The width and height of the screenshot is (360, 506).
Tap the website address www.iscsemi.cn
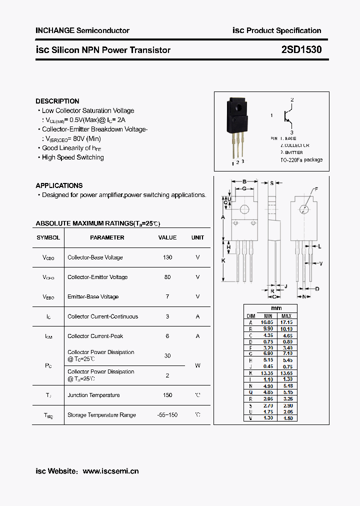pyautogui.click(x=110, y=471)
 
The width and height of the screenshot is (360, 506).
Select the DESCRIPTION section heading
pyautogui.click(x=57, y=101)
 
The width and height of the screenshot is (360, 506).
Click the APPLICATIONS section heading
pyautogui.click(x=59, y=185)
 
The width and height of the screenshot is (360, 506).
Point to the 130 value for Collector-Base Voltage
pyautogui.click(x=167, y=257)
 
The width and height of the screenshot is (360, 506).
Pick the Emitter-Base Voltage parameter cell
pyautogui.click(x=93, y=296)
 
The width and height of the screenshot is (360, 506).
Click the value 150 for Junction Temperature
pyautogui.click(x=167, y=395)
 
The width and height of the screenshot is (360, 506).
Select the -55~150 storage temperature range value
pyautogui.click(x=167, y=415)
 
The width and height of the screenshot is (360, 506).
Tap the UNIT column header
pyautogui.click(x=197, y=237)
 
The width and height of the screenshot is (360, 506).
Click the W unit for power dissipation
pyautogui.click(x=197, y=365)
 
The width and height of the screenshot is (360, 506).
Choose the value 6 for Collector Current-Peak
pyautogui.click(x=167, y=336)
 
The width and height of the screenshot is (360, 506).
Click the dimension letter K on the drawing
pyautogui.click(x=223, y=260)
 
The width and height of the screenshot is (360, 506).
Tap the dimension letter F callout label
pyautogui.click(x=316, y=189)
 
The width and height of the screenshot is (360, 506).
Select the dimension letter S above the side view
pyautogui.click(x=272, y=183)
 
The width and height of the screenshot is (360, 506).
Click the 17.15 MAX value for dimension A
pyautogui.click(x=286, y=322)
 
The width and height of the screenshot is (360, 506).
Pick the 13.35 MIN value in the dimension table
pyautogui.click(x=268, y=373)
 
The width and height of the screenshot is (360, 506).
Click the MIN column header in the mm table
pyautogui.click(x=268, y=316)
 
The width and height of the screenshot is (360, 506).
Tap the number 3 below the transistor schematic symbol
pyautogui.click(x=291, y=132)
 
